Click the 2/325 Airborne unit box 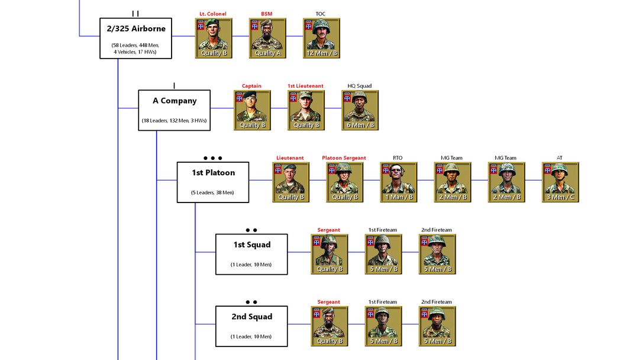tap(135, 38)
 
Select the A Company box tap(175, 110)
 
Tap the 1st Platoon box tap(213, 182)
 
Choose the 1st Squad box tap(251, 255)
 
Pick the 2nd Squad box tap(251, 326)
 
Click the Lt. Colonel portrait tap(214, 38)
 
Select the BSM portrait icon tap(267, 38)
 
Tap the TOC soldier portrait tap(321, 38)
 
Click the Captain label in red tap(251, 86)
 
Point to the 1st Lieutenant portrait tap(306, 110)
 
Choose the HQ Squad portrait tap(360, 110)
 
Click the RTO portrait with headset tap(399, 182)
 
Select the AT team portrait tap(560, 182)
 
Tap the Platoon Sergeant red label tap(344, 158)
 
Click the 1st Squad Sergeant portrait tap(330, 254)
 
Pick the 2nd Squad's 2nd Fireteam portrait tap(437, 326)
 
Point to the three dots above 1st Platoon tap(213, 158)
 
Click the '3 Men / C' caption tap(560, 197)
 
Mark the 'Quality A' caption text tap(267, 53)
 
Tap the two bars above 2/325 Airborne tap(135, 14)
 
